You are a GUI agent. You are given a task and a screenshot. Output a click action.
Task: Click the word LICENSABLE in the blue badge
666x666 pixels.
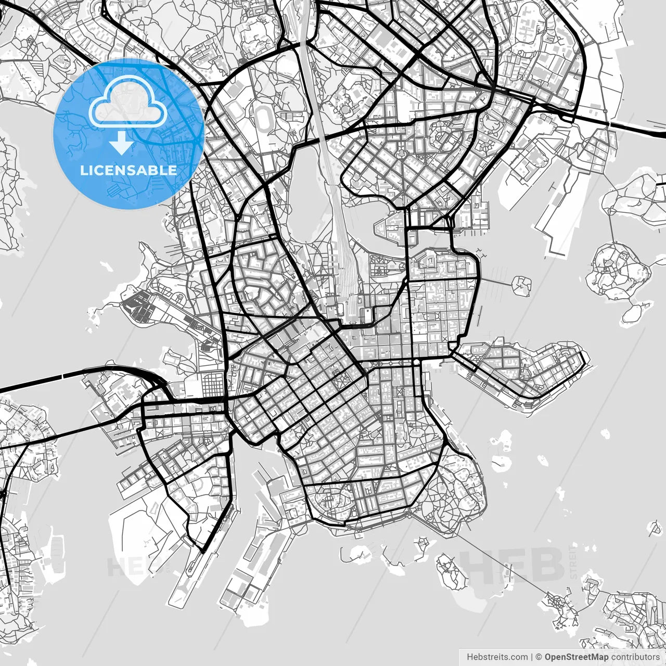click(128, 170)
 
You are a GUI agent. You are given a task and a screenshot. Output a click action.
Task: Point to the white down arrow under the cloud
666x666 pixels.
click(121, 143)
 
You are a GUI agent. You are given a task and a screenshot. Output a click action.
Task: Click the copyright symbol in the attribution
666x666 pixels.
click(539, 657)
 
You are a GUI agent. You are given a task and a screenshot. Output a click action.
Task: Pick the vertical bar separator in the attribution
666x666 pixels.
click(532, 657)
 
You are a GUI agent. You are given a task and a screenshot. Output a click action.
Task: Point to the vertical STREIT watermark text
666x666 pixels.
click(574, 562)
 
